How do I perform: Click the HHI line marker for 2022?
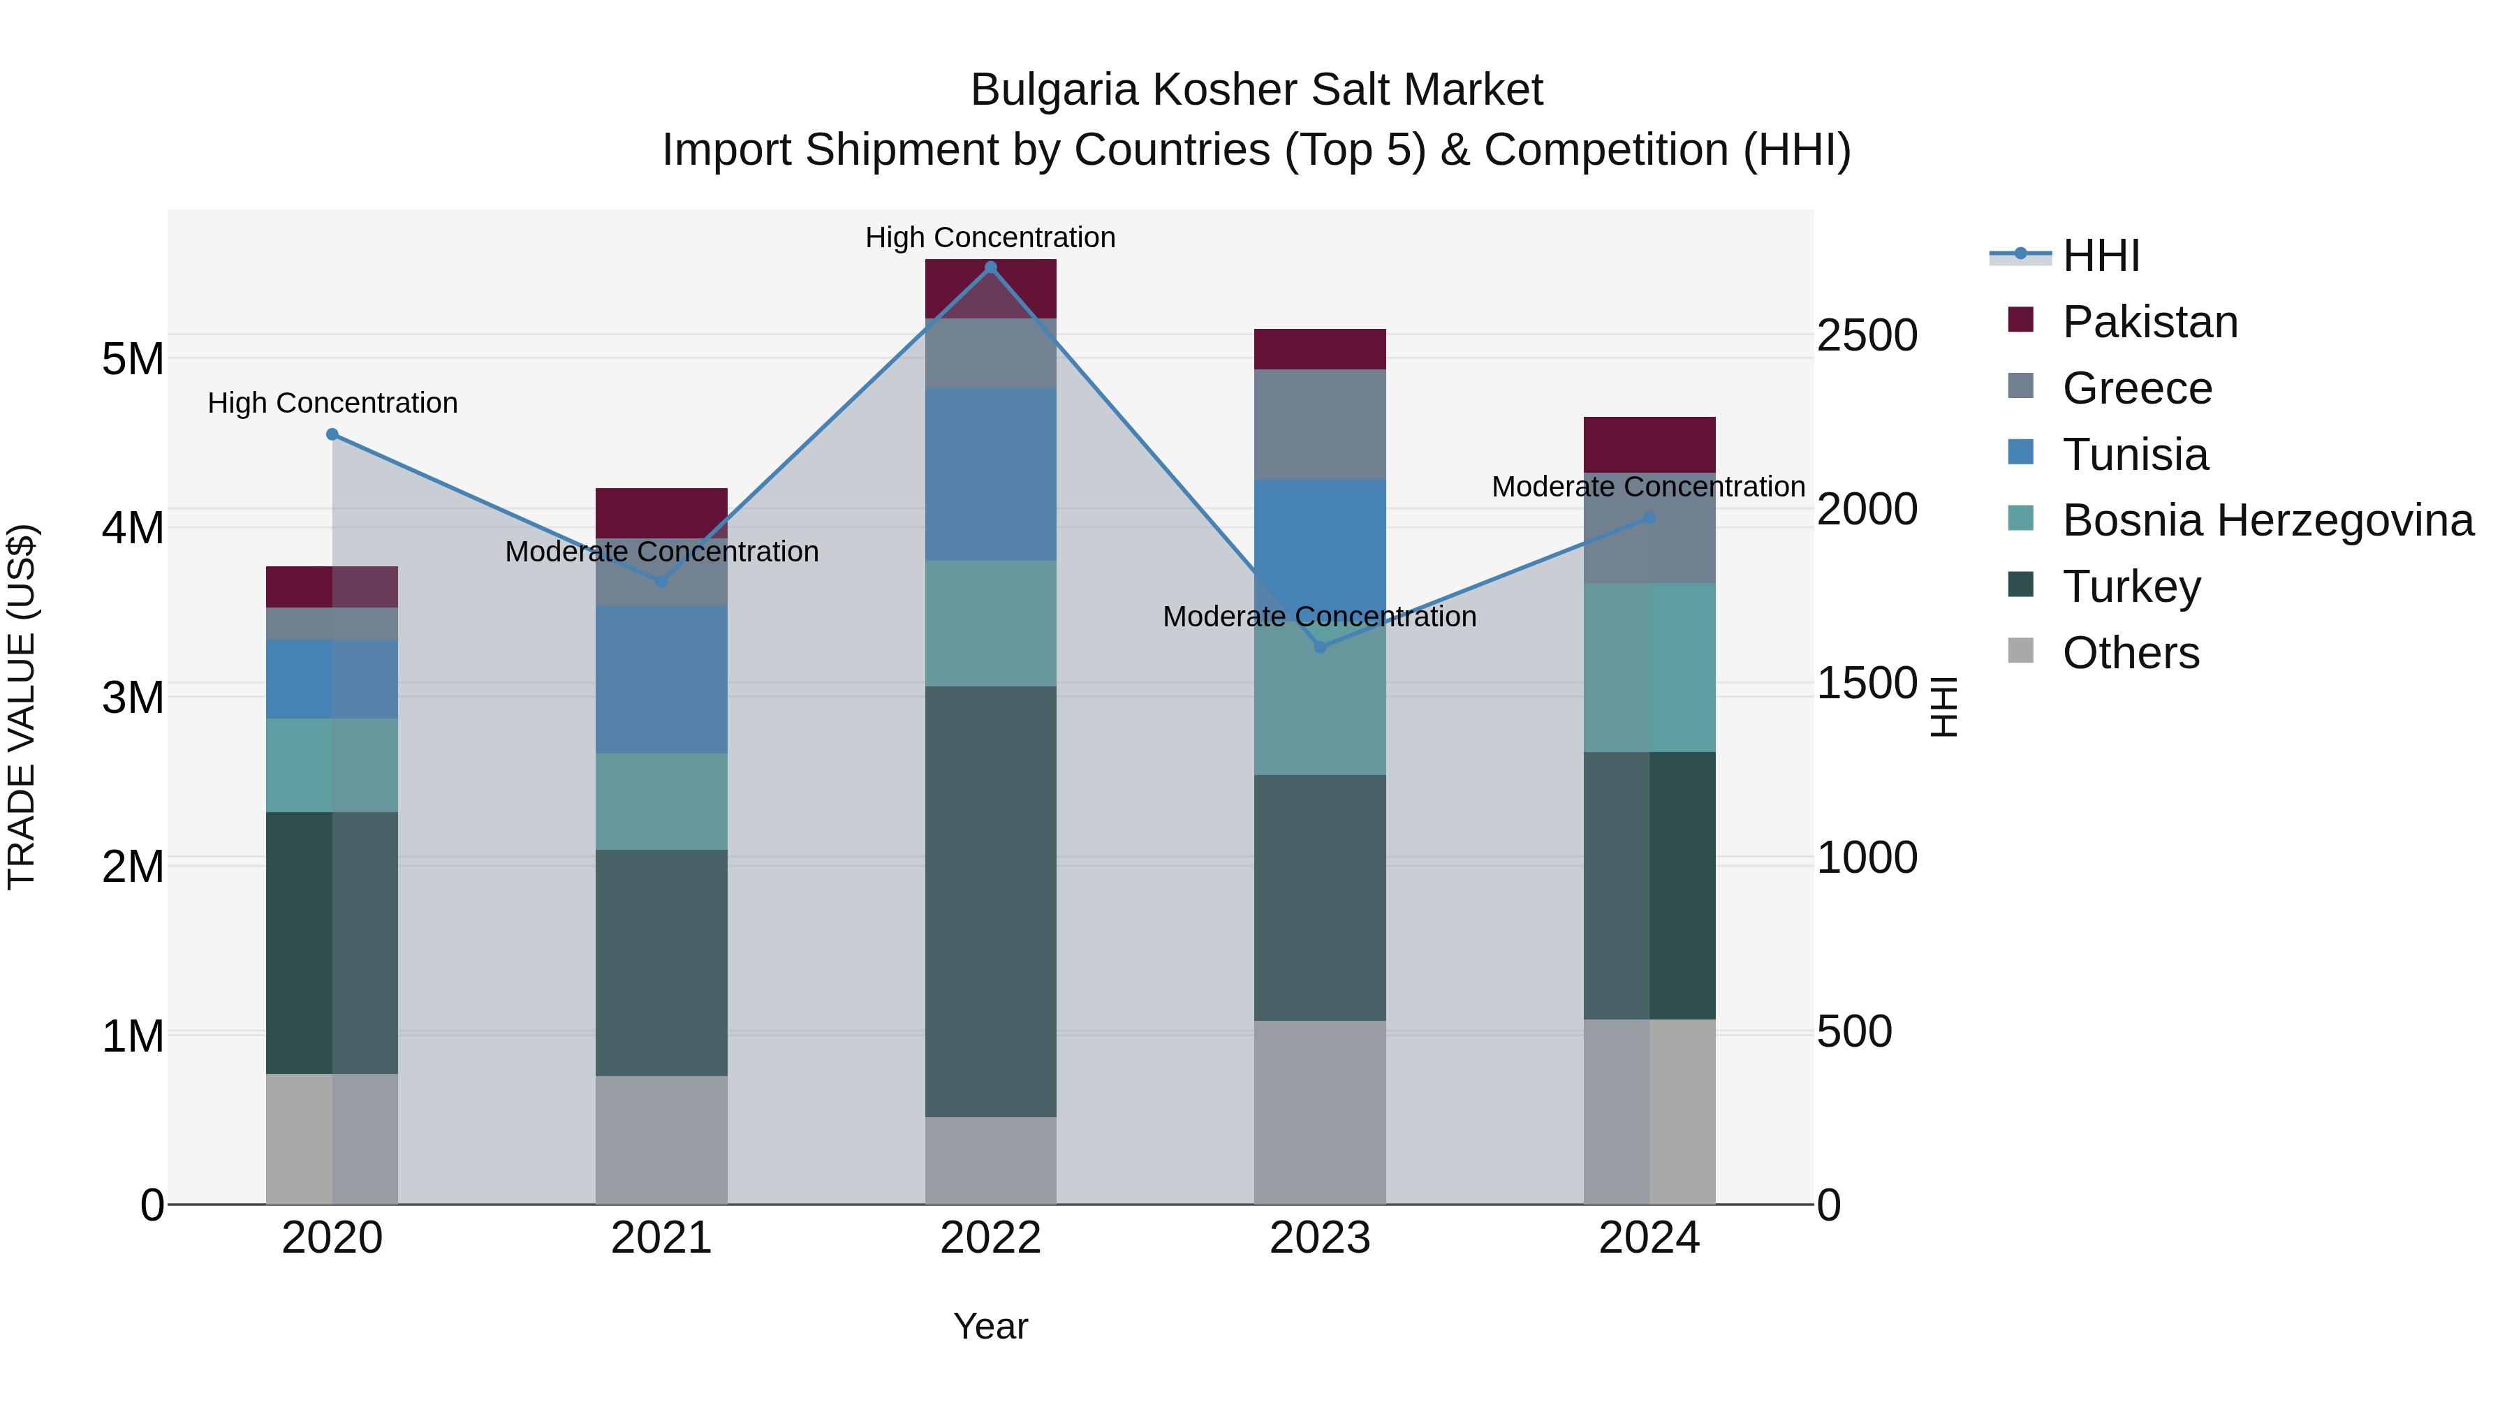click(990, 267)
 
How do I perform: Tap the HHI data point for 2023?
click(1321, 647)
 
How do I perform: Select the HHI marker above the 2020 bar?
click(332, 434)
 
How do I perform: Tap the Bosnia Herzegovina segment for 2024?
click(1649, 668)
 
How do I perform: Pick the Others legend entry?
click(2131, 653)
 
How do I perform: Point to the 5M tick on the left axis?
click(133, 359)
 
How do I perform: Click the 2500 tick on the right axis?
click(1867, 336)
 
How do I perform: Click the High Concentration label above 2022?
click(990, 237)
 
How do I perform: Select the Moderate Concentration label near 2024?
click(1648, 486)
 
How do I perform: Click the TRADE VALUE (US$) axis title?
click(22, 707)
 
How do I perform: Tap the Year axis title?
click(990, 1326)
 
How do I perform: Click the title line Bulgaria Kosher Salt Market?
click(1256, 90)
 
